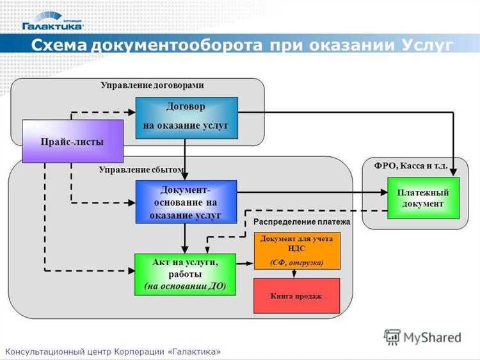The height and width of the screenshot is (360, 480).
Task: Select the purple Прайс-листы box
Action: (72, 141)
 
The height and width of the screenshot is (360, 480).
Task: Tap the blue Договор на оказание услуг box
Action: (186, 117)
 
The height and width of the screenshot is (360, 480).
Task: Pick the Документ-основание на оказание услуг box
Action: (186, 202)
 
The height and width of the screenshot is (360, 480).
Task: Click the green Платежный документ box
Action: (423, 198)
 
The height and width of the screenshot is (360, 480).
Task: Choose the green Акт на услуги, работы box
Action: (185, 274)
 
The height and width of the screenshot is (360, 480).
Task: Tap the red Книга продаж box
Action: (296, 296)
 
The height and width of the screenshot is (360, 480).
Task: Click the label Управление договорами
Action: (152, 85)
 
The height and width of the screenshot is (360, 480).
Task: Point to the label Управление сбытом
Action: (141, 170)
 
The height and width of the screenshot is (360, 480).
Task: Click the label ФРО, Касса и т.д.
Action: (410, 166)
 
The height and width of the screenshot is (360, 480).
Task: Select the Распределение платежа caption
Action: (302, 222)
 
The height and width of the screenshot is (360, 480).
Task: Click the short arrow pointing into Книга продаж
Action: (294, 274)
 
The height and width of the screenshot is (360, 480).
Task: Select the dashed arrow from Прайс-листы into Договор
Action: (102, 113)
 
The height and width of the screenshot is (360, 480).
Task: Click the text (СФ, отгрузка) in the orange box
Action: (297, 262)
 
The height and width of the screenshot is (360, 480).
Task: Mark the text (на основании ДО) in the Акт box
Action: (185, 286)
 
